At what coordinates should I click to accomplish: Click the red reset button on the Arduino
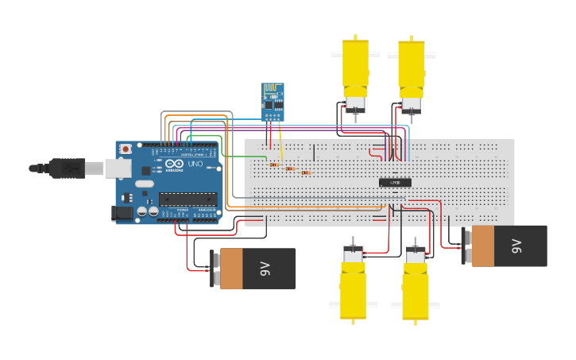[125, 149]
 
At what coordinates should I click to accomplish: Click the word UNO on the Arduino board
[195, 165]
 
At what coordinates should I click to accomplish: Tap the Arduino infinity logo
[174, 164]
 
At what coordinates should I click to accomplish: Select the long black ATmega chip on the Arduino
[187, 199]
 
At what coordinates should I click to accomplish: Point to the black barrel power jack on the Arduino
[122, 212]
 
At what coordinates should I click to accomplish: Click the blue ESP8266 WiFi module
[273, 102]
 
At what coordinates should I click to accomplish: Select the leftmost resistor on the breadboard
[274, 165]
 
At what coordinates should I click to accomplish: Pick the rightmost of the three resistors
[305, 172]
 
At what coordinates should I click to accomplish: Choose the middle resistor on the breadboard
[289, 168]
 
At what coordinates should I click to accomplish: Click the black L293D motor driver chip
[395, 183]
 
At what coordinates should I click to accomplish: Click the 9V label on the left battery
[265, 269]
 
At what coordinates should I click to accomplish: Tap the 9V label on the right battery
[516, 246]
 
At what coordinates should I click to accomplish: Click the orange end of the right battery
[482, 246]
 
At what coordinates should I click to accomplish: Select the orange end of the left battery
[230, 269]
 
